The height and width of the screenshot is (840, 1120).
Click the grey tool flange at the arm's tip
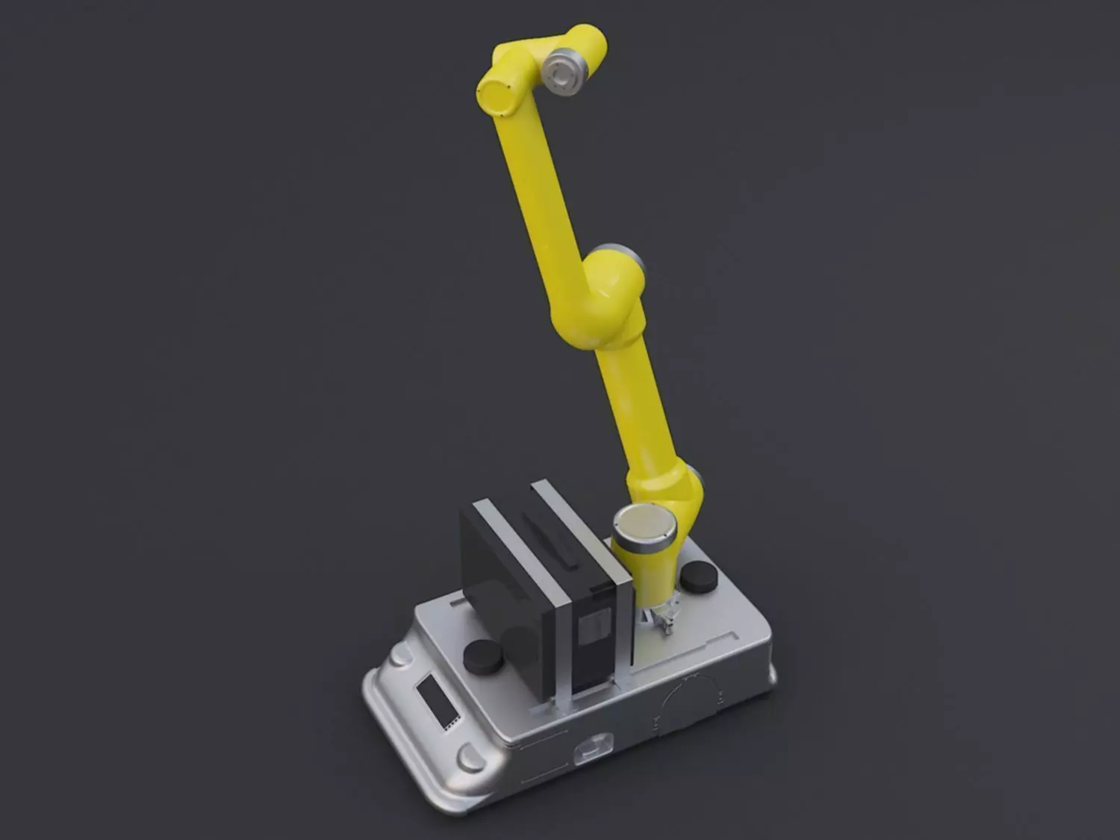tap(564, 72)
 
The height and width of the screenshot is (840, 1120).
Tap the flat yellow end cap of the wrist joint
tap(494, 96)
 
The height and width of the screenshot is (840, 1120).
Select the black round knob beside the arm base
tap(699, 576)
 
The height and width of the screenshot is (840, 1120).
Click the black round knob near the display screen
tap(483, 656)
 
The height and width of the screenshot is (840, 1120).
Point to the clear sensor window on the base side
tap(594, 748)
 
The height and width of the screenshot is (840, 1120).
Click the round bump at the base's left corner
tap(399, 656)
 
